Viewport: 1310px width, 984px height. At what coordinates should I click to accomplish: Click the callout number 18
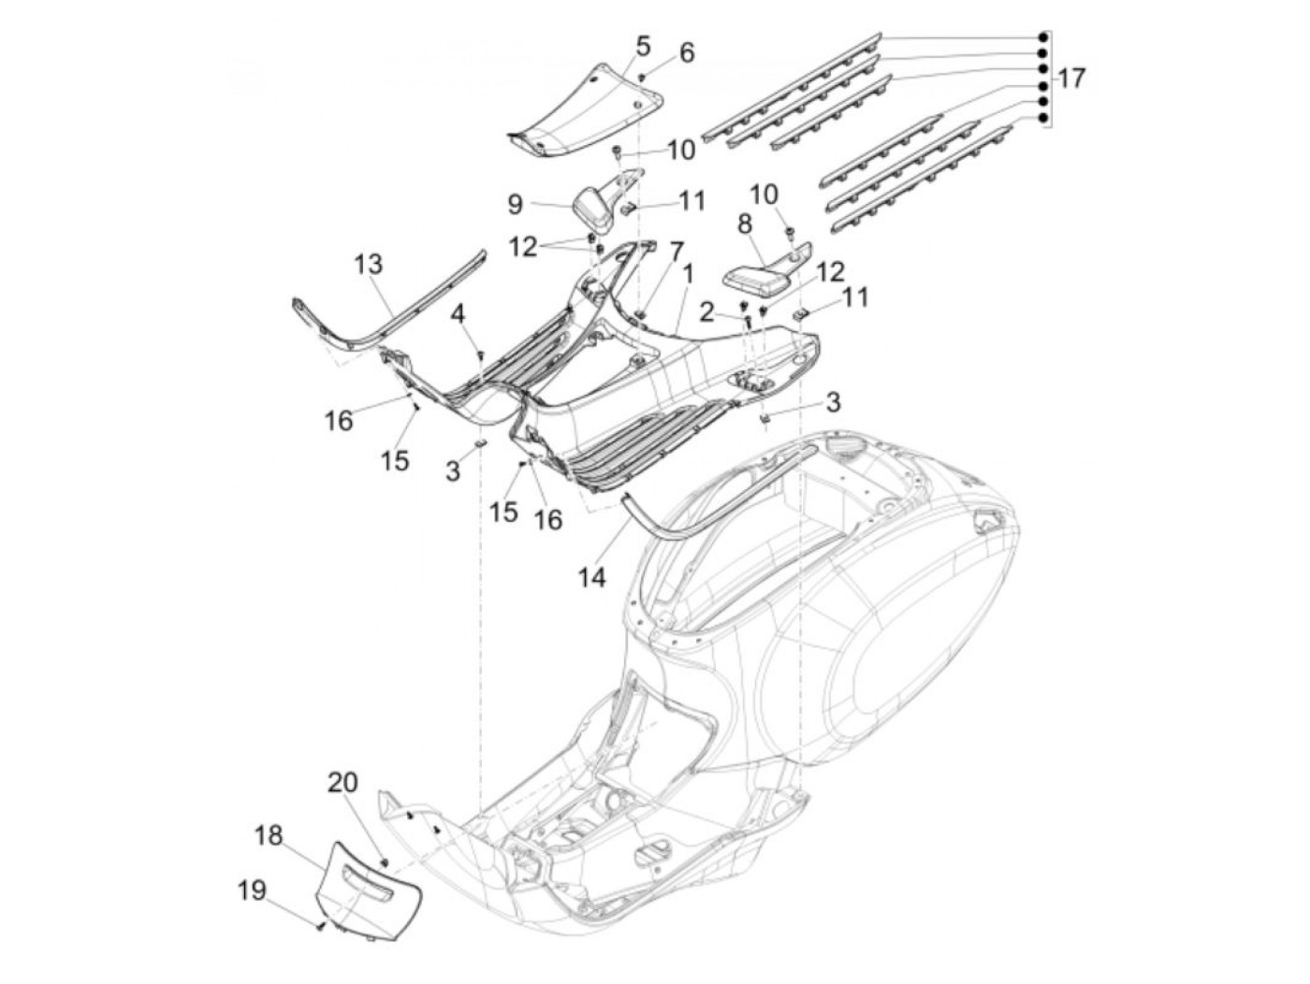coord(269,835)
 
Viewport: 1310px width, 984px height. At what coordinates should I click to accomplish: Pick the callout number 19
coord(251,892)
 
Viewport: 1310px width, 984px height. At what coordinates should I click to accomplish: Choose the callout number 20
coord(342,782)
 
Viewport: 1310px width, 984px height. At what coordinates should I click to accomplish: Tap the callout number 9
coord(515,205)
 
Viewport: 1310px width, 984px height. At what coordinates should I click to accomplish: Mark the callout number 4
coord(458,314)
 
